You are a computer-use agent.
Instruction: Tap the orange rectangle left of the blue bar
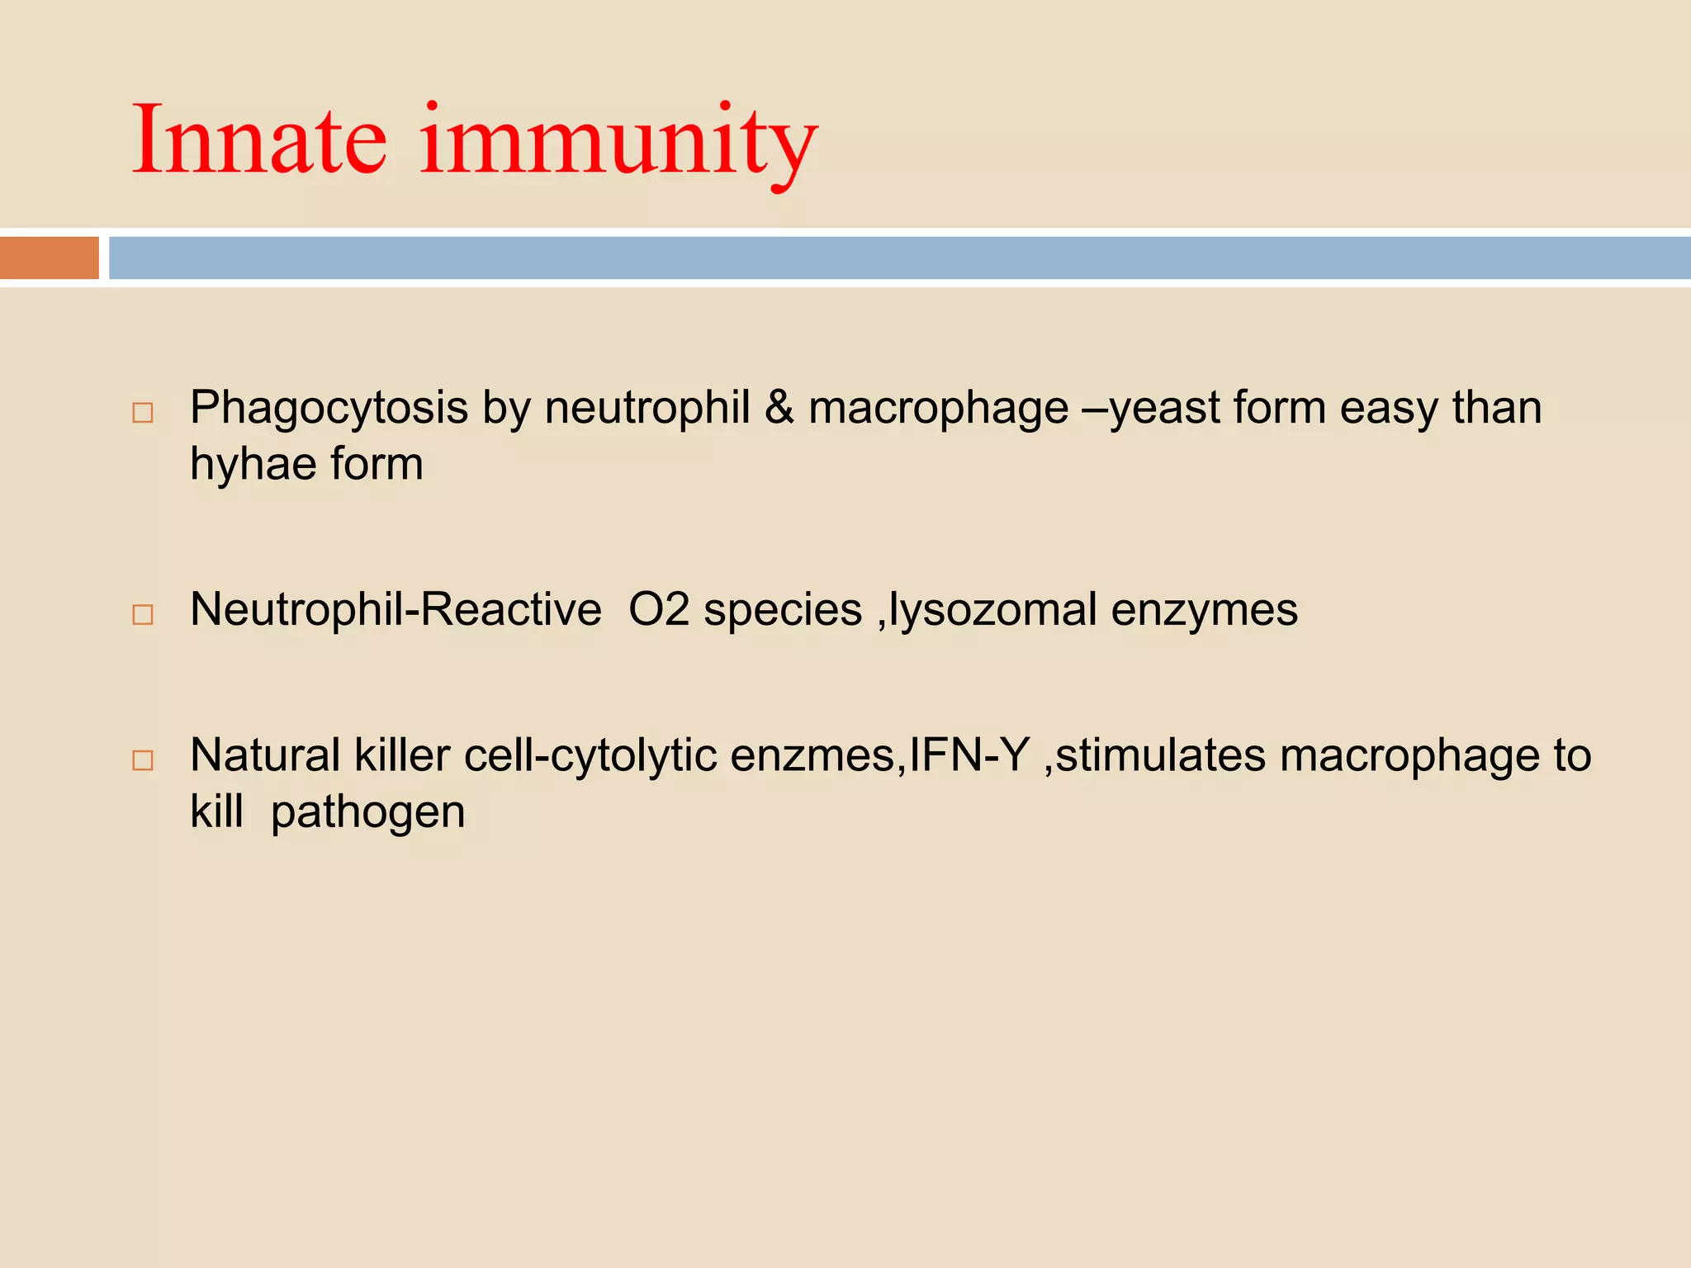[50, 258]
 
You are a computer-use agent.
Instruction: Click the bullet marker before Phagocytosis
[143, 413]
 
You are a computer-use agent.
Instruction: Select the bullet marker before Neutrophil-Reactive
[143, 614]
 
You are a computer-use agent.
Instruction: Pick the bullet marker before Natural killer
[143, 760]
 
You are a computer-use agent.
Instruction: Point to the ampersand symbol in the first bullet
[779, 408]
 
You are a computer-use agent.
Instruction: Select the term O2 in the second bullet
[659, 610]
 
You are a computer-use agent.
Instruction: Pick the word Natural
[265, 755]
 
